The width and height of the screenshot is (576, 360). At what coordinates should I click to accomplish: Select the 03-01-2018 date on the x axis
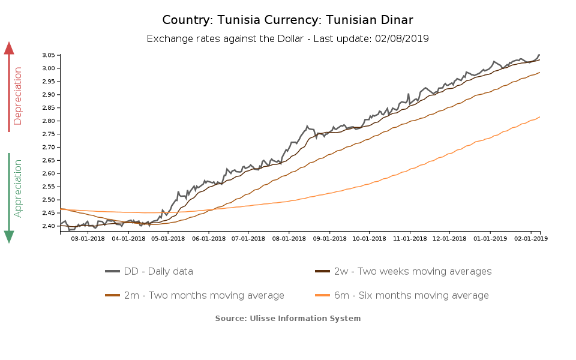pos(88,239)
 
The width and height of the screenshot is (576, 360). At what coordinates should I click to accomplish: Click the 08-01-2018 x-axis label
pos(289,239)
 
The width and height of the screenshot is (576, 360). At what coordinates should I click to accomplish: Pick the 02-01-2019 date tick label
pos(530,239)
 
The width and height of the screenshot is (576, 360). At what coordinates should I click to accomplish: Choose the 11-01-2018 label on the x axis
pos(409,239)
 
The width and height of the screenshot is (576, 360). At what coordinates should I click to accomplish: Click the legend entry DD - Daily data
pos(158,272)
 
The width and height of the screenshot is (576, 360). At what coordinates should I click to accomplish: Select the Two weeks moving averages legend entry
pos(412,272)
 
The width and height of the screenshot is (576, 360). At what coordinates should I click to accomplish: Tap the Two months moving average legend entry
pos(204,296)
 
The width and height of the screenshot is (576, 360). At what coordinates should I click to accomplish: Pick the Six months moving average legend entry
pos(411,296)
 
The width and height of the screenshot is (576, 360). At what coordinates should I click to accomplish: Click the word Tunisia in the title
pos(242,20)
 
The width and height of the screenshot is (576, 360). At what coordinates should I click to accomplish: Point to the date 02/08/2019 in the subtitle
pos(402,38)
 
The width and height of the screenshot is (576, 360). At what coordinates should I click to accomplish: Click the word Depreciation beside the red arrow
pos(18,96)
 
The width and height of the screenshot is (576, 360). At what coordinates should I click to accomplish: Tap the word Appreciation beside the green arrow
pos(18,188)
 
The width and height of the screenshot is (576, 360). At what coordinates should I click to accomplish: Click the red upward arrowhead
pos(9,48)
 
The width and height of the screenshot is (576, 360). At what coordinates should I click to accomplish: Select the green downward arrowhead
pos(9,236)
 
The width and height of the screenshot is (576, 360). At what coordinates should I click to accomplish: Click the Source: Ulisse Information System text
pos(288,318)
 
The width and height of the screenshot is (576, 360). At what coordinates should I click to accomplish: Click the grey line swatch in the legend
pos(113,272)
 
